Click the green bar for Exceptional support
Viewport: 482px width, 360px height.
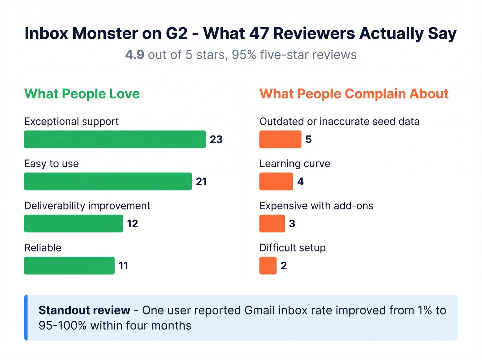click(x=115, y=139)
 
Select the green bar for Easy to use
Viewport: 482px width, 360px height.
click(x=108, y=181)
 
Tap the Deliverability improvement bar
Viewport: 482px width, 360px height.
click(x=73, y=223)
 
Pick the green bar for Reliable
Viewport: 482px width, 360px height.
click(x=69, y=265)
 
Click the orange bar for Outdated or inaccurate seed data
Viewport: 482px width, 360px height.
click(x=280, y=139)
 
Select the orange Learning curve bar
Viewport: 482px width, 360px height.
click(x=276, y=181)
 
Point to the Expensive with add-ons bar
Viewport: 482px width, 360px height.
click(x=272, y=223)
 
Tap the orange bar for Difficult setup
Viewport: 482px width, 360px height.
click(x=268, y=265)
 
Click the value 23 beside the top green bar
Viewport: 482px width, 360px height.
click(x=216, y=139)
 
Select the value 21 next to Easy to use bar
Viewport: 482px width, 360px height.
click(x=201, y=181)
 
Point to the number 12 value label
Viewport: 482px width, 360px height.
click(x=133, y=224)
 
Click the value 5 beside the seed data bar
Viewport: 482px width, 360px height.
click(x=308, y=139)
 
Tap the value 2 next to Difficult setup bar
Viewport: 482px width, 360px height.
click(x=284, y=266)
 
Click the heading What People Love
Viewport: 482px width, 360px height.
click(x=82, y=94)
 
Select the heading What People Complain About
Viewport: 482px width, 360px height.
click(x=354, y=94)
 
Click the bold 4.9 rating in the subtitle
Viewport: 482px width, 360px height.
click(x=135, y=55)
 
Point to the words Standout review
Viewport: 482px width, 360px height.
click(x=84, y=310)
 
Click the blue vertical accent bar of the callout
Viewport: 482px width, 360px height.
click(x=26, y=318)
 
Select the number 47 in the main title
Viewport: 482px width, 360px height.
click(x=259, y=33)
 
